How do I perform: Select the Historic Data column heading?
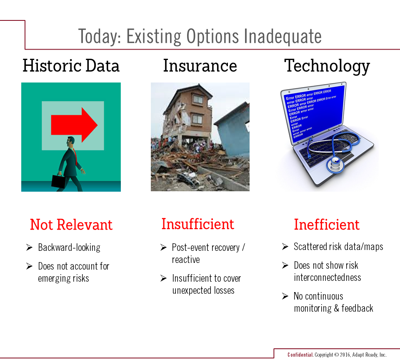point(71,65)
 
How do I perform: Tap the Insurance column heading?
point(200,65)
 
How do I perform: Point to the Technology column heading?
point(327,66)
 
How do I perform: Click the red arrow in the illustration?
point(74,125)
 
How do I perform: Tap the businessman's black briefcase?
point(59,181)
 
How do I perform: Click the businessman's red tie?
point(75,156)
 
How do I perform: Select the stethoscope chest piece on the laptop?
point(335,165)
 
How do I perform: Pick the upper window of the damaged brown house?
point(197,99)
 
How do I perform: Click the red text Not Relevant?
point(71,225)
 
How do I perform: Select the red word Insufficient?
point(197,224)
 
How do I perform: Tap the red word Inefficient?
point(327,225)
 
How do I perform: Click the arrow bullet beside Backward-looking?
point(29,247)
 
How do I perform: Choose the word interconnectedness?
point(327,277)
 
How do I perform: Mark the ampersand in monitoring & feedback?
point(337,308)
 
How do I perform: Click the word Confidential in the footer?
point(300,355)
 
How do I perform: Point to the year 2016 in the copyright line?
point(345,355)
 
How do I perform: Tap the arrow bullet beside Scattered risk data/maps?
point(285,247)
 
